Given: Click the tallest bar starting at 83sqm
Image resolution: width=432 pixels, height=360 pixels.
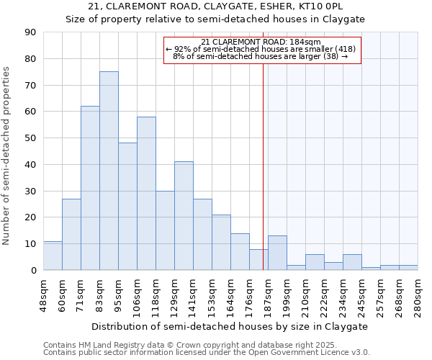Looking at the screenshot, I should coord(109,171).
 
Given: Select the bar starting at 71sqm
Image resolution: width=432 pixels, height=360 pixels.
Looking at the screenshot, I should coord(90,188).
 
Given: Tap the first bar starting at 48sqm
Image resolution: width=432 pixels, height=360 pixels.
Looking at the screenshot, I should coord(53,256).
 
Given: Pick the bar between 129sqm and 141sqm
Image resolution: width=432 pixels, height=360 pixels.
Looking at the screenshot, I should coord(184,216).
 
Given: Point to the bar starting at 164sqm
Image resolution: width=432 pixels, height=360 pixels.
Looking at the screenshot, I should coord(240,252).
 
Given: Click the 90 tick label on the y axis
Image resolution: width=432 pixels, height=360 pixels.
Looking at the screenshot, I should coord(30,32).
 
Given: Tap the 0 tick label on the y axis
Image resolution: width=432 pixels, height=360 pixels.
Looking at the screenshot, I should coord(33,270).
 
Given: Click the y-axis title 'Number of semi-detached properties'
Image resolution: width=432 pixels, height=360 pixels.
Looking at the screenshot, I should coord(7,156).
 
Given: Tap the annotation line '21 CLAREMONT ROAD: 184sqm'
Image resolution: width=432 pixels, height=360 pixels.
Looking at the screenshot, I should coord(261,42).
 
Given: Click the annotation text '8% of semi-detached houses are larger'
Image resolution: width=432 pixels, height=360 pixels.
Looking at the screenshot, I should coord(261,55).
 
